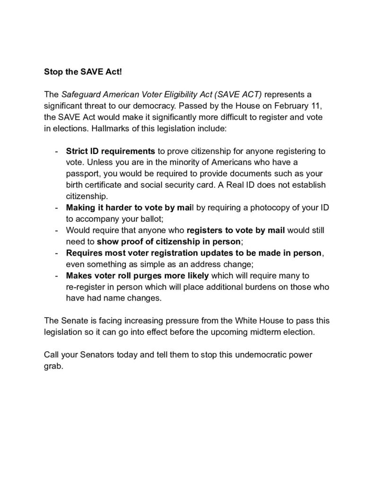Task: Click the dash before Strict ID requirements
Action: click(x=56, y=151)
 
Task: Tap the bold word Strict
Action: click(x=77, y=151)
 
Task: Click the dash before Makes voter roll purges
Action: click(x=56, y=276)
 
